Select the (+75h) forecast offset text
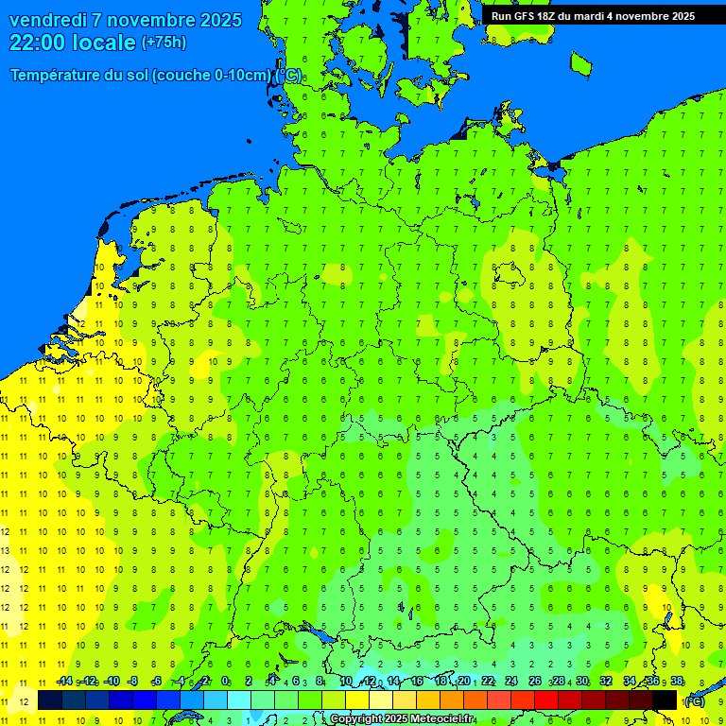(x=164, y=43)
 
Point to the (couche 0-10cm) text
(x=212, y=76)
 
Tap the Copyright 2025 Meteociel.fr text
(x=402, y=719)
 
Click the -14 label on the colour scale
(x=64, y=682)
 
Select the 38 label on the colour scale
(x=676, y=682)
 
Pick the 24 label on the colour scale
(x=510, y=682)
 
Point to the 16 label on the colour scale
(x=417, y=682)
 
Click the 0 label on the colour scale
(x=225, y=682)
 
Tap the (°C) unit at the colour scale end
(x=695, y=701)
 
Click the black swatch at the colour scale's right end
(x=665, y=700)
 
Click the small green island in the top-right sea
(x=580, y=62)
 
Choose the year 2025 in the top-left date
(x=216, y=20)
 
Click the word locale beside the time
(x=105, y=43)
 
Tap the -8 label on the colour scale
(x=133, y=682)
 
